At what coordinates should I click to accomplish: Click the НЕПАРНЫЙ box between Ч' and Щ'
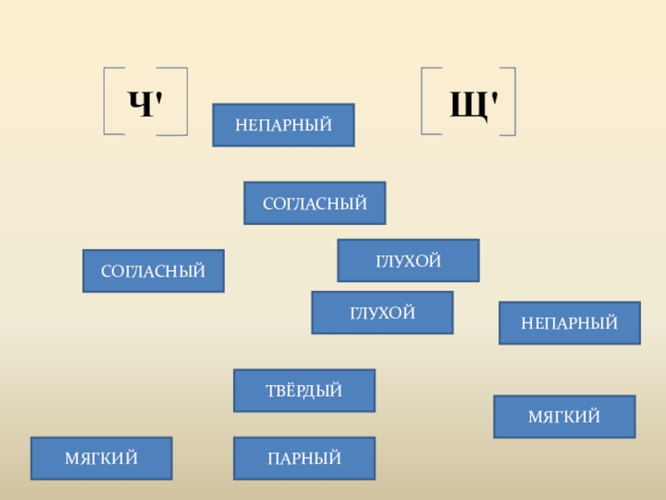click(x=283, y=125)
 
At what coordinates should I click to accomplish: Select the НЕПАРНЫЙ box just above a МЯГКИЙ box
click(x=569, y=322)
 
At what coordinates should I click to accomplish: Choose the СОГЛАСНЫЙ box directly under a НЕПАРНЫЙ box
click(x=315, y=203)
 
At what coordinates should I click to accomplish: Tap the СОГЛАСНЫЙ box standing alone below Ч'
click(x=153, y=271)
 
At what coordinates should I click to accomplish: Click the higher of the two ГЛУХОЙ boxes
click(x=408, y=261)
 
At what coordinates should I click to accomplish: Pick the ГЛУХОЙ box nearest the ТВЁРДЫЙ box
click(x=382, y=312)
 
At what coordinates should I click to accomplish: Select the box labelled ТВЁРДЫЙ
click(x=304, y=391)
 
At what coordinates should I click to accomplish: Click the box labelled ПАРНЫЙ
click(x=304, y=458)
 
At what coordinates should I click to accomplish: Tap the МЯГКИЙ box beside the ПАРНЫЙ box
click(x=102, y=458)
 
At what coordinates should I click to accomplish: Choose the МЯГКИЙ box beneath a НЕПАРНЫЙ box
click(x=564, y=417)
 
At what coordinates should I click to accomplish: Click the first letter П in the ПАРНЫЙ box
click(x=273, y=458)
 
